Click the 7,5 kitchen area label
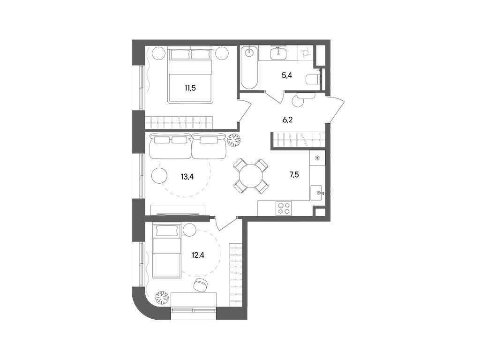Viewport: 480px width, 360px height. (294, 175)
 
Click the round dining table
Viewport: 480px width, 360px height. (251, 175)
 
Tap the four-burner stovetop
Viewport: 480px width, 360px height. (284, 208)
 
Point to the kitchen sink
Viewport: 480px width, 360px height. (319, 193)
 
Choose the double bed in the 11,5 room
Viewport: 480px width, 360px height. (191, 75)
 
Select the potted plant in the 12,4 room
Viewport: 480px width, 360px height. (162, 297)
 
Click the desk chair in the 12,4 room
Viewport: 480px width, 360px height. (202, 284)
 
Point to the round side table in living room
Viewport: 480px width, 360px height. (159, 176)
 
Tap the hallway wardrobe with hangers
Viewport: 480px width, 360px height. (298, 140)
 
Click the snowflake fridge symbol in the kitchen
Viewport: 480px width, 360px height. (317, 158)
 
